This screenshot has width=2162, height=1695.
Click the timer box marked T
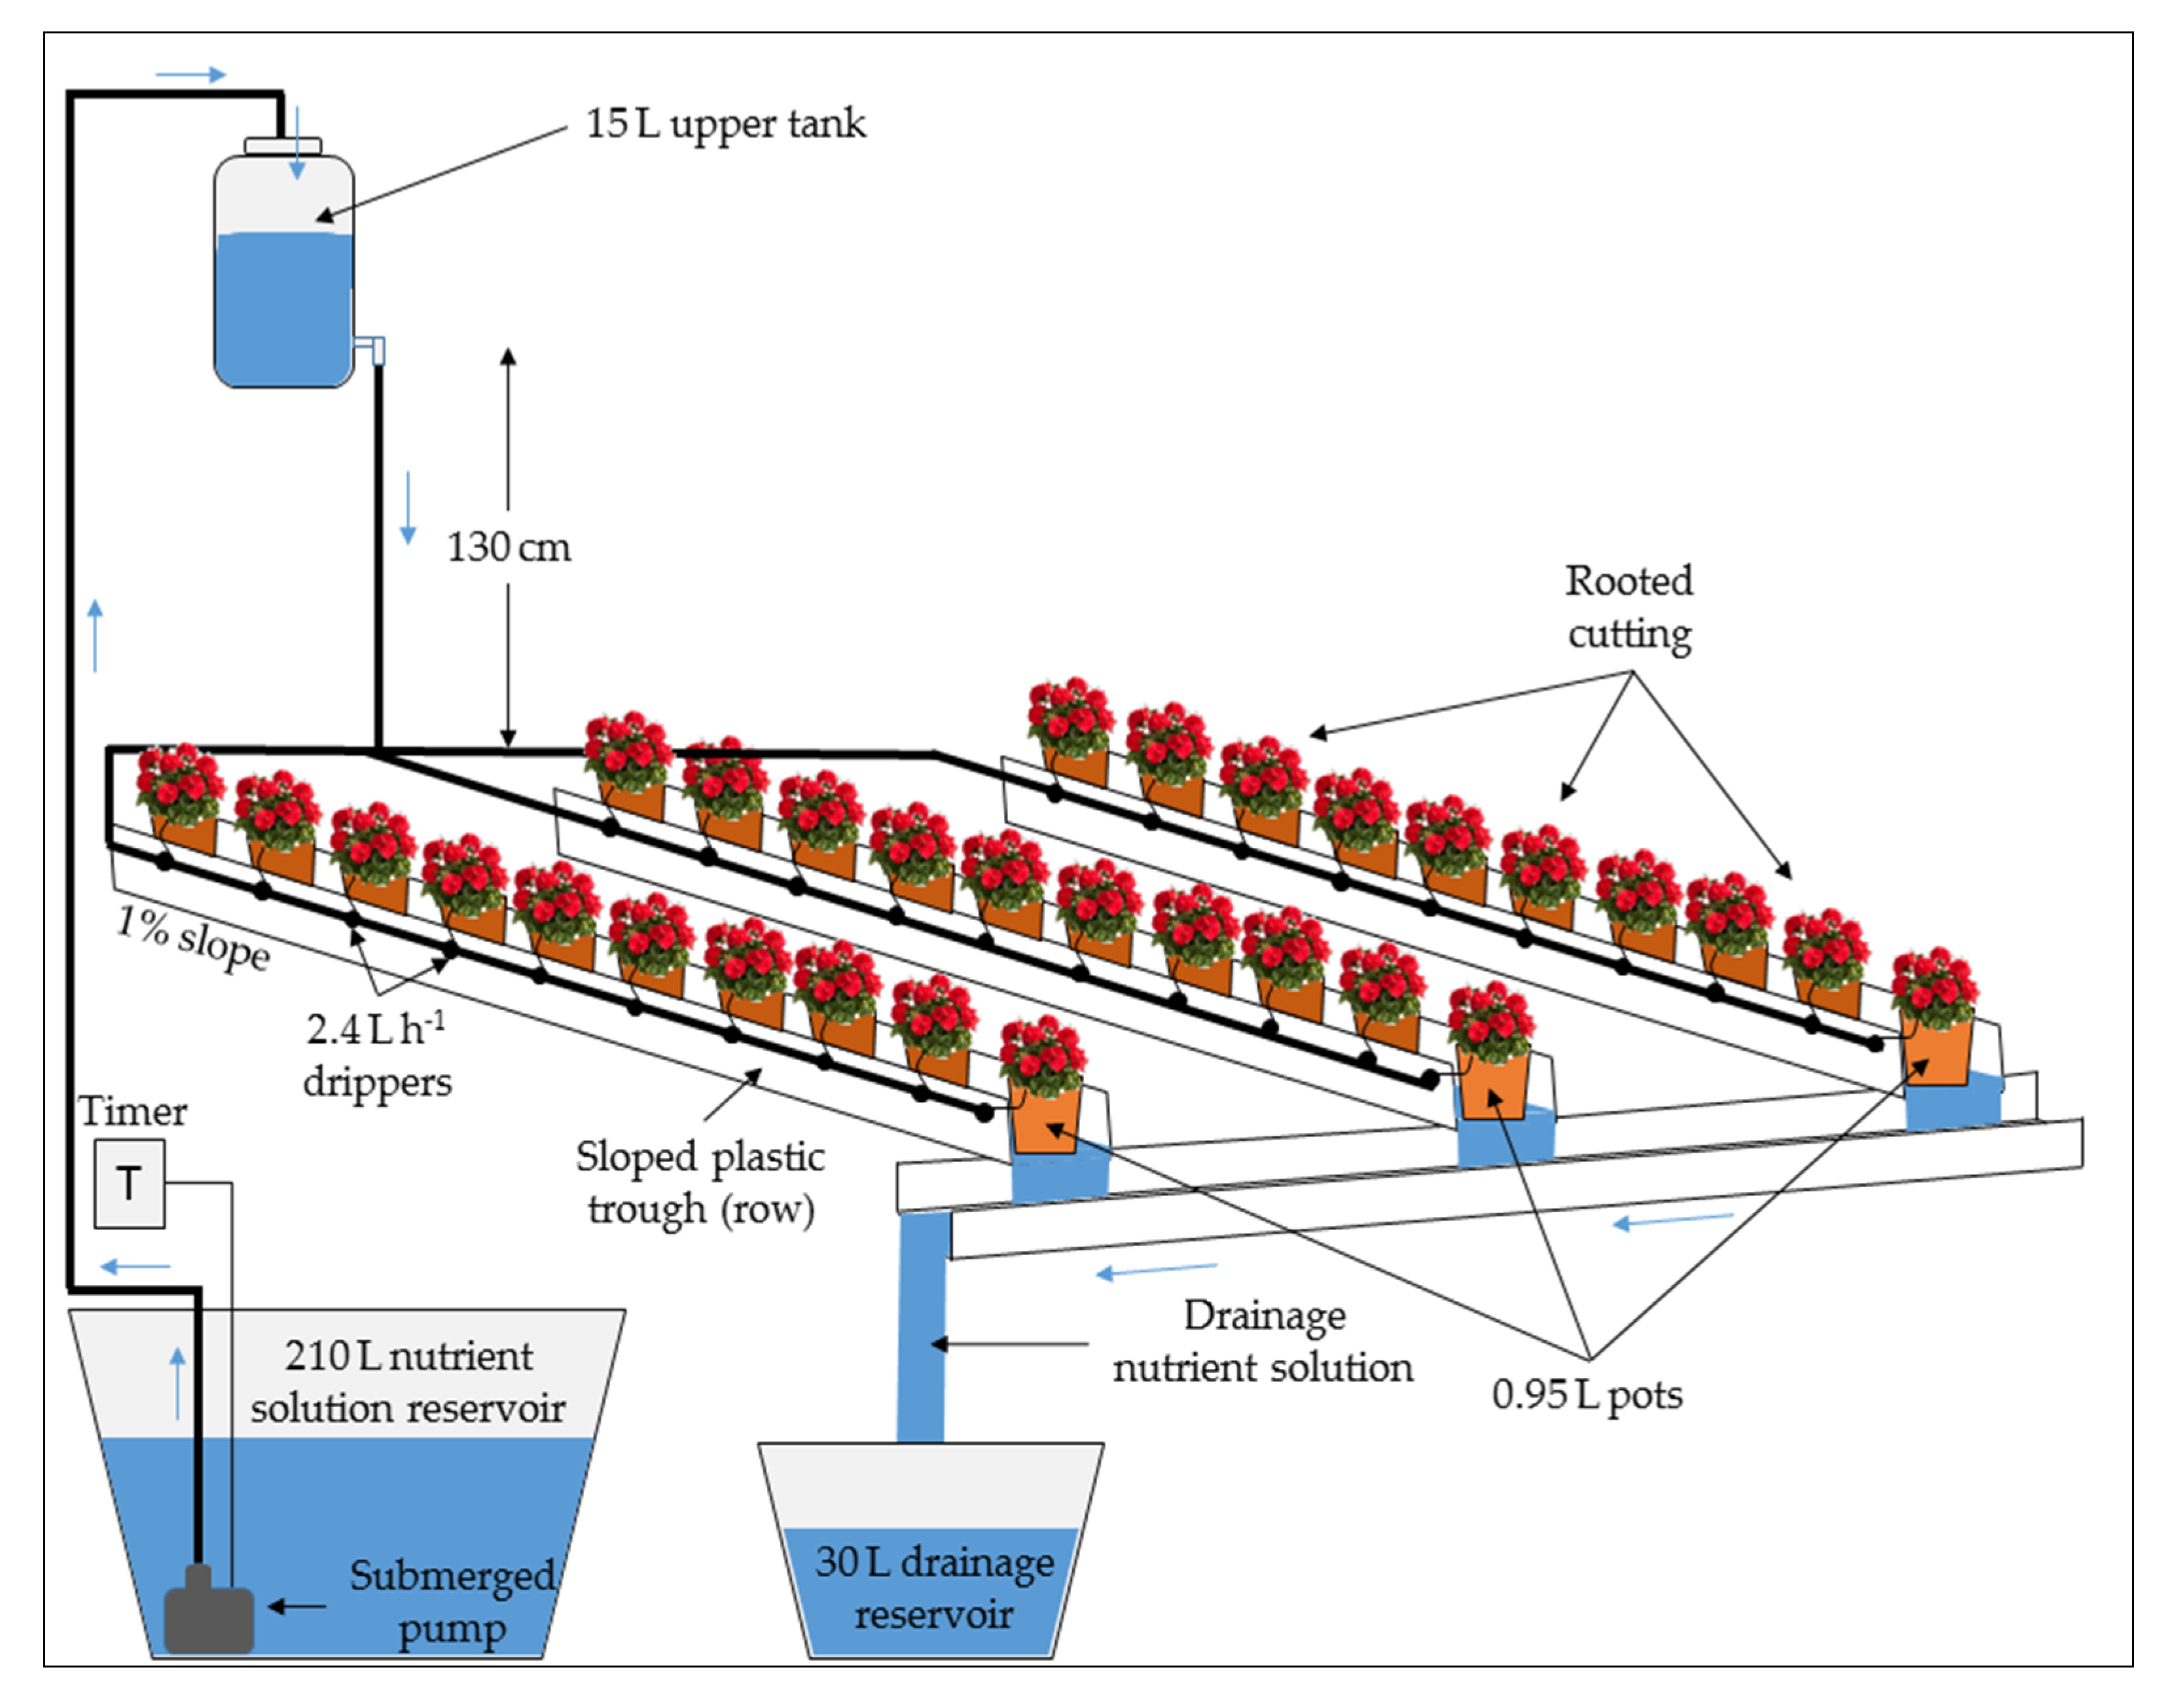coord(129,1183)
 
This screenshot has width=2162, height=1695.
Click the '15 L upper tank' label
coord(725,124)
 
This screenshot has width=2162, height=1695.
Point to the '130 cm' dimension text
coord(508,547)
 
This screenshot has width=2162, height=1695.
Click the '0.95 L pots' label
coord(1587,1394)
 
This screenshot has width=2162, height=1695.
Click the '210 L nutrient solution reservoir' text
coord(408,1381)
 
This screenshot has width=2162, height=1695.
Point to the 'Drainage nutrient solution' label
coord(1263,1341)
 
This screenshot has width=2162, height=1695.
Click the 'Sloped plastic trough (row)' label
coord(700,1182)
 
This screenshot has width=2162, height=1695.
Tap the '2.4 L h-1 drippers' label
coord(376,1054)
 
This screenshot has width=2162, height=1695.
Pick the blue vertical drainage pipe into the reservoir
coord(921,1330)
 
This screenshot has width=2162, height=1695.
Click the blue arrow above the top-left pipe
coord(190,75)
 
